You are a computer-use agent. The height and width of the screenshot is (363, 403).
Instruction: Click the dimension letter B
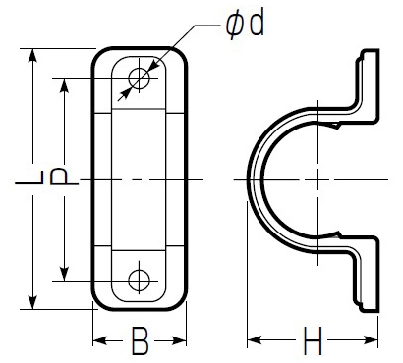point(140,340)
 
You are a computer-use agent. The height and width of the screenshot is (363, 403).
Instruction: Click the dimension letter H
point(313,340)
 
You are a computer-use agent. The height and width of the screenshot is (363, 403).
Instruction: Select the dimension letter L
point(29,178)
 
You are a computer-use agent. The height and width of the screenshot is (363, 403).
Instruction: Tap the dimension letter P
point(64,177)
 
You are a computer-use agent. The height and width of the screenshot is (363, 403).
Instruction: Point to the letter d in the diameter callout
point(257,25)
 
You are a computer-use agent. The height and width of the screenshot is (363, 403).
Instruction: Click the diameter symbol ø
point(235,26)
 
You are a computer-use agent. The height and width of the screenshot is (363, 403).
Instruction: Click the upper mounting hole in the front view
point(139,78)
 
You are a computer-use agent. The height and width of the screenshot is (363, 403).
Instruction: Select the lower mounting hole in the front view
point(139,281)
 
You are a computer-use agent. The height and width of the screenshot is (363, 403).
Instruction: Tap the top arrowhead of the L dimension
point(32,55)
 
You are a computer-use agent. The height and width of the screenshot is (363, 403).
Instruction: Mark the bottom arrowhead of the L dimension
point(32,302)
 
